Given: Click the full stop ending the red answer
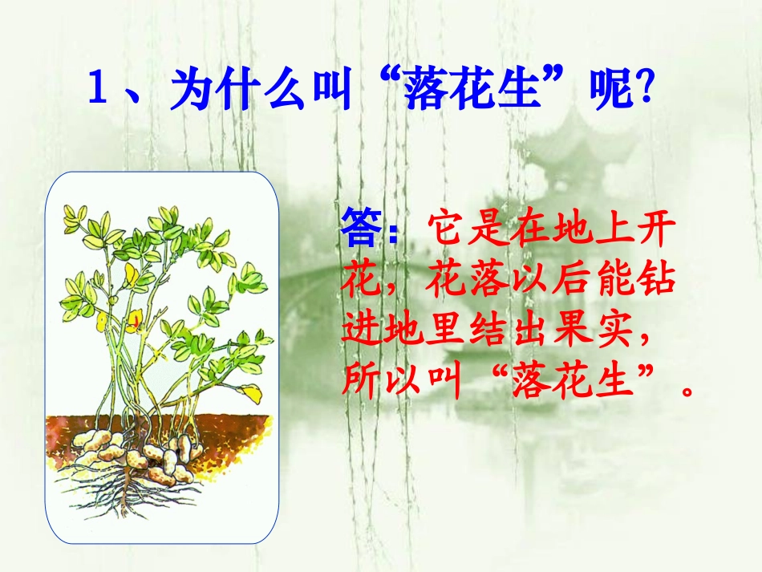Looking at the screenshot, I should click(x=686, y=391).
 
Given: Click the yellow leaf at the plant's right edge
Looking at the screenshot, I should click(x=252, y=392).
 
